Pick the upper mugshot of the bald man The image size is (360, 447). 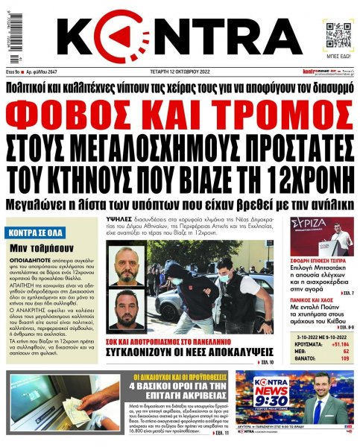coord(120,263)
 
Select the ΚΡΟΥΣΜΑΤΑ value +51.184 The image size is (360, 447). coord(338,345)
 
